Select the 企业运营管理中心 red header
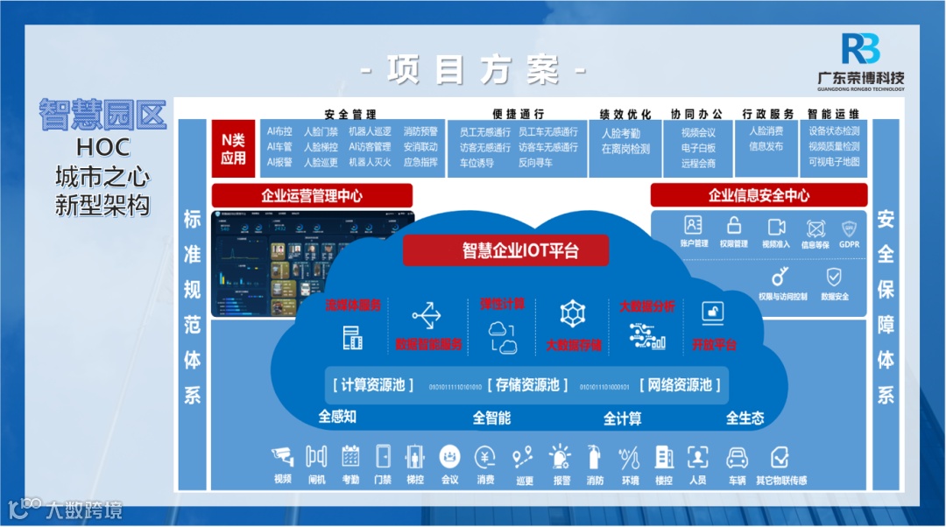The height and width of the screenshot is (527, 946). [312, 195]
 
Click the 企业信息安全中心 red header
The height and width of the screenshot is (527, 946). [759, 195]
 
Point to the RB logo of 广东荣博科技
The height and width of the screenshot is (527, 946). [860, 49]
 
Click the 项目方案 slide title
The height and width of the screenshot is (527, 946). [473, 71]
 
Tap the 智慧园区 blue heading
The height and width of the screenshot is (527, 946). [102, 116]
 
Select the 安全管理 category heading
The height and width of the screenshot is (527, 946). [349, 115]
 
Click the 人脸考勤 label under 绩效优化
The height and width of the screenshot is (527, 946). [620, 133]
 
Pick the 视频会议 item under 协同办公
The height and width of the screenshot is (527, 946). [698, 133]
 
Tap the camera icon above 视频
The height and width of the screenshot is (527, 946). [283, 456]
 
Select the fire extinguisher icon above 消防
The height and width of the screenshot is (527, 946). [595, 456]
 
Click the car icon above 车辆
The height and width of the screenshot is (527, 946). [737, 456]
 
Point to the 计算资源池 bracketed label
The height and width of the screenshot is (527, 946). [373, 384]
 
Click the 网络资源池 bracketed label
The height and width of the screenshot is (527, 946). [681, 384]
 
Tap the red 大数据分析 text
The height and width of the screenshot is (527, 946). [646, 306]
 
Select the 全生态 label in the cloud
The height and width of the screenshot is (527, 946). [745, 418]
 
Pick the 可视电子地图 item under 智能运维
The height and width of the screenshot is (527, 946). [834, 162]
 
